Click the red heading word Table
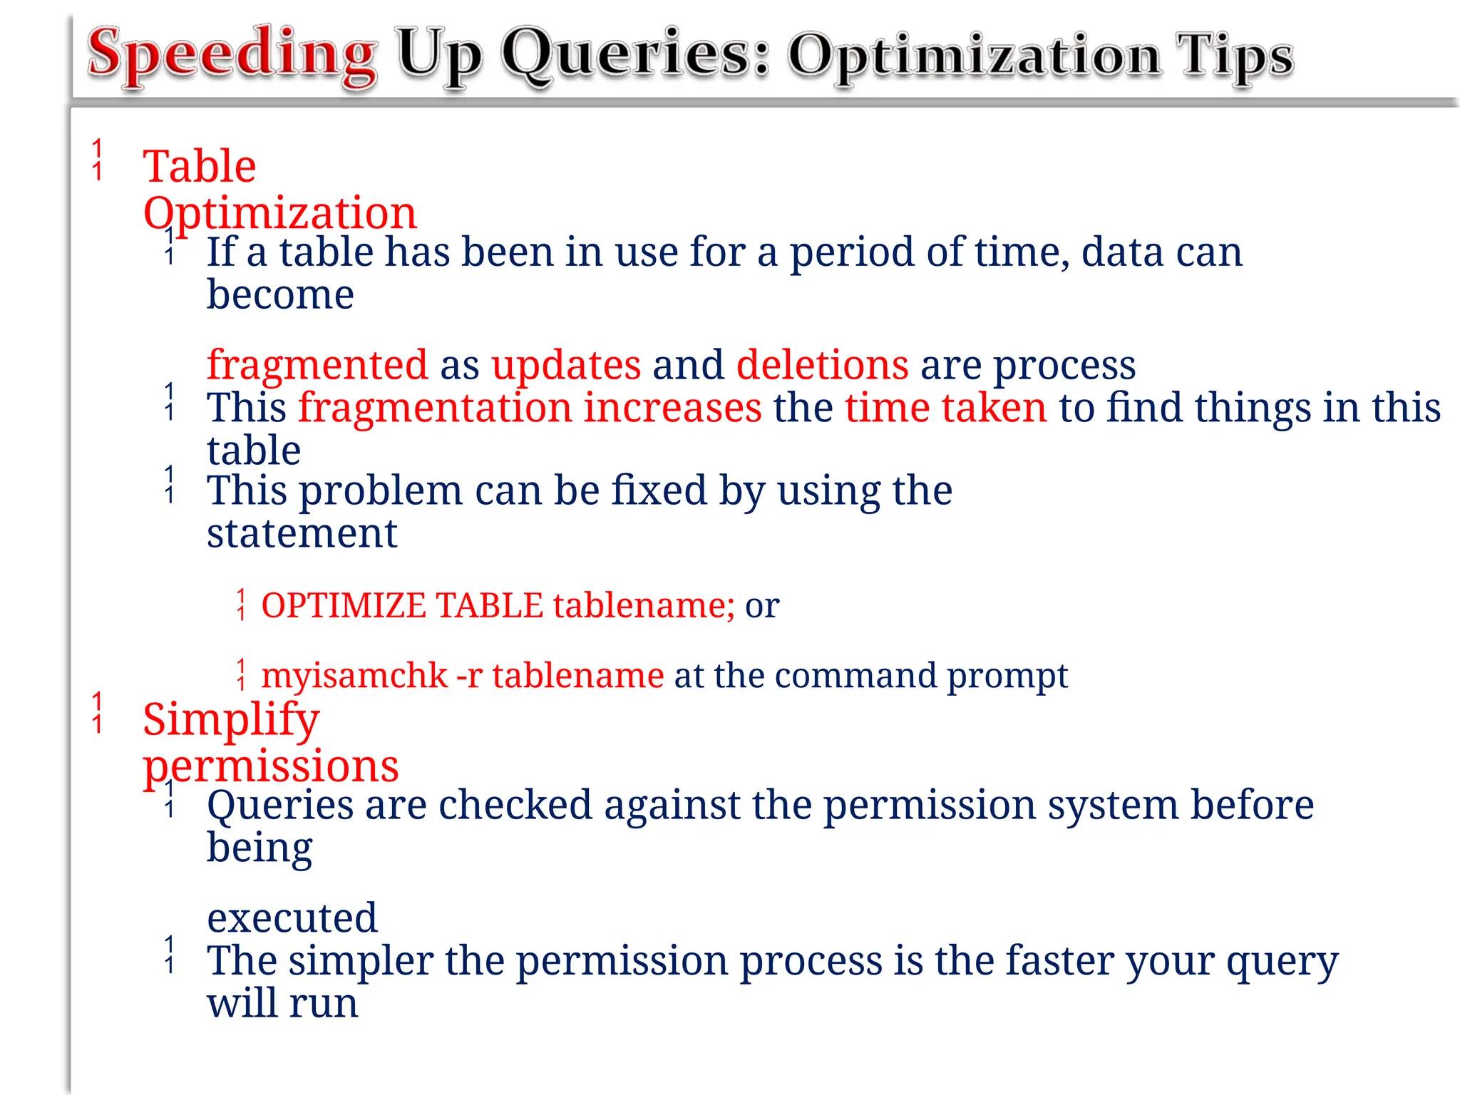[x=199, y=167]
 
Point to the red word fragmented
[x=317, y=365]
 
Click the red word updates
[x=566, y=365]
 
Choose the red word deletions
[x=822, y=365]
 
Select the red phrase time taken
[x=945, y=408]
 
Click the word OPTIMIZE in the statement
[x=343, y=605]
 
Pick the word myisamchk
[x=354, y=675]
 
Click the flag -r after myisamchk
[x=469, y=676]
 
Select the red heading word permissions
[x=270, y=766]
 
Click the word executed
[x=292, y=917]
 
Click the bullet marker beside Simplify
[x=98, y=713]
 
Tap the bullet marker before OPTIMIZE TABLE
[x=242, y=605]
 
